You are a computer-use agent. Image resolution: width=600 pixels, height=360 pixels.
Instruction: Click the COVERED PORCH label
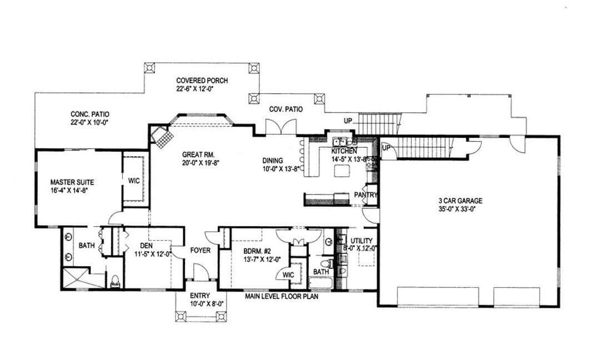202,81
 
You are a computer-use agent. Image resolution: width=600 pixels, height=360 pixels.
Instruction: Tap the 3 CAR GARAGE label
461,201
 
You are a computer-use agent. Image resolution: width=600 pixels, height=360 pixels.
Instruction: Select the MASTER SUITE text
72,182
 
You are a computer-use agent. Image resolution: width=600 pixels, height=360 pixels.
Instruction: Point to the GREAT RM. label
198,154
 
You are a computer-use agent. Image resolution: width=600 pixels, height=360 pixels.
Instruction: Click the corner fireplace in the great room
162,135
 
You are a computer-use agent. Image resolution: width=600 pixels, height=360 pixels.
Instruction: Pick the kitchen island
342,170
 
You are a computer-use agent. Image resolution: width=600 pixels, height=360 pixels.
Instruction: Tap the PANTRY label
366,195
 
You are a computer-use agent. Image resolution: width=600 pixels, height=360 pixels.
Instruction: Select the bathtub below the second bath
322,283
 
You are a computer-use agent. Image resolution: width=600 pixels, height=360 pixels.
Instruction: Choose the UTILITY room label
361,241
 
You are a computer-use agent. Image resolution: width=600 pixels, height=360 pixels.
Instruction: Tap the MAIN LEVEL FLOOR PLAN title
282,296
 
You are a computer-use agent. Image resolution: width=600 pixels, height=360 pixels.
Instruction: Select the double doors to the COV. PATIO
281,127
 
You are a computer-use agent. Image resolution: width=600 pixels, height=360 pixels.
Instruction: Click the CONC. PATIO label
90,114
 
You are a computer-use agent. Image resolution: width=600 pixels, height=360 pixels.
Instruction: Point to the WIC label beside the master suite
134,181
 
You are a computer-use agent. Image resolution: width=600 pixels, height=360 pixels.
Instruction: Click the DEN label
146,246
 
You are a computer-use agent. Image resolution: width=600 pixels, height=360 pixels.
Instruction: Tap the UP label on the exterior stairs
348,121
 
